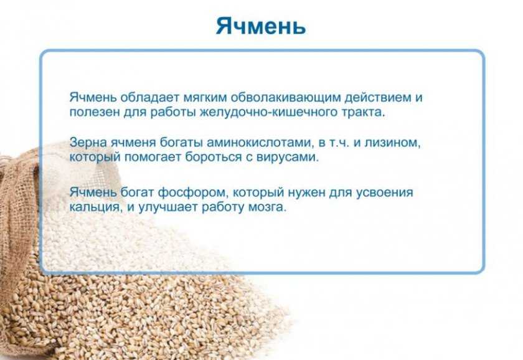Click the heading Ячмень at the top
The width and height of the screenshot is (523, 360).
pos(260,26)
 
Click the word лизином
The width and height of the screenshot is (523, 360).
pos(392,143)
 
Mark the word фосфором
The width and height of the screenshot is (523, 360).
pos(193,192)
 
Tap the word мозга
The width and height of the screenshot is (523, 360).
pos(268,207)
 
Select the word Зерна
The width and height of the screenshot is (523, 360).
pos(88,143)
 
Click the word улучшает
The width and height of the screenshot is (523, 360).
pos(167,207)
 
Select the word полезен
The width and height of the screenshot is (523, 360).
pos(95,112)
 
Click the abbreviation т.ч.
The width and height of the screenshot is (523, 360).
pos(339,143)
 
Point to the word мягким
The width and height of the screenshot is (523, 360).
pos(205,97)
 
